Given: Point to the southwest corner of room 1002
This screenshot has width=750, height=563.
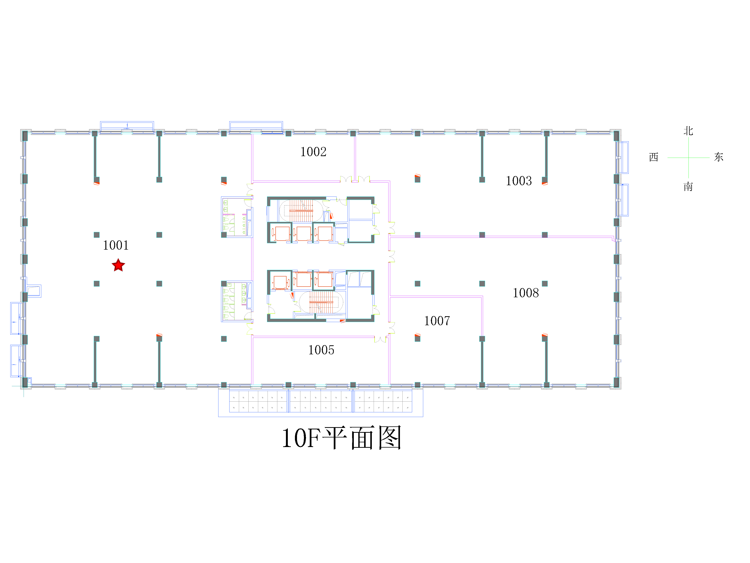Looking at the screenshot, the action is [x=253, y=181].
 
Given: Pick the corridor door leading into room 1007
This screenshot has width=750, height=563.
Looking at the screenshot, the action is [x=392, y=328].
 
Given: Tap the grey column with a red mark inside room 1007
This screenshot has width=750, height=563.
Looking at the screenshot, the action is [x=417, y=338].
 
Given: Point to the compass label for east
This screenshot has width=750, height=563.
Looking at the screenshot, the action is [x=719, y=157].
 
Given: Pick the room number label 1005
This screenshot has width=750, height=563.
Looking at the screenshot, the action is [x=321, y=350].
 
